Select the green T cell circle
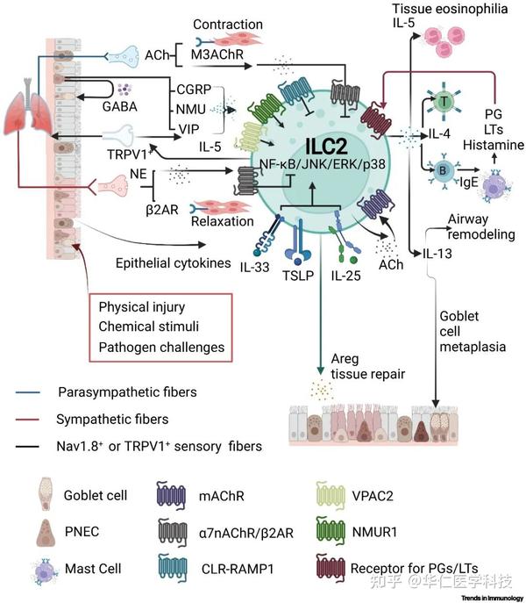446,102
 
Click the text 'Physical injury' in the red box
139,308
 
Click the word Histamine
493,143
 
